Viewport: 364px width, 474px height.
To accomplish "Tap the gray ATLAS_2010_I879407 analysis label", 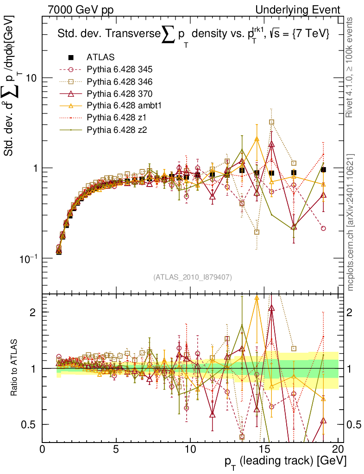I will click(x=192, y=277).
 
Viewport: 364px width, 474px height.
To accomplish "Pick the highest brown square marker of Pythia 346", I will click(x=272, y=122).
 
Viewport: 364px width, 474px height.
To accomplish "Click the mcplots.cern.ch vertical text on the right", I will click(x=351, y=222).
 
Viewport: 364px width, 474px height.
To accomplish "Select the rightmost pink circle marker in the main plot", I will click(x=323, y=228).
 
